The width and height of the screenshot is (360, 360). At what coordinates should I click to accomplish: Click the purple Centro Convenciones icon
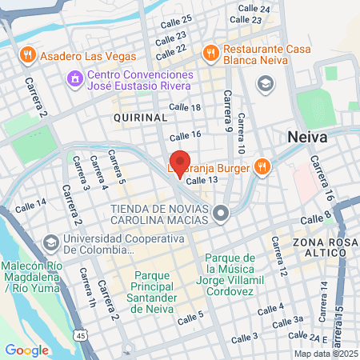pyautogui.click(x=74, y=78)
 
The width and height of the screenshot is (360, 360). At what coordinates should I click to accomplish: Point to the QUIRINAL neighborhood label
pyautogui.click(x=140, y=117)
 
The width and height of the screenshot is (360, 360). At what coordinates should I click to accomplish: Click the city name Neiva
pyautogui.click(x=307, y=138)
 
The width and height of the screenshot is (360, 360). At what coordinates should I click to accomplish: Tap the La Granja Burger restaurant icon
pyautogui.click(x=262, y=166)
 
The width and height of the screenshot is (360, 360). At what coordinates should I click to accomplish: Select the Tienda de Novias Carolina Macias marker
pyautogui.click(x=222, y=212)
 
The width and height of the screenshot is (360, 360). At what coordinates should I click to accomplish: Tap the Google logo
pyautogui.click(x=26, y=350)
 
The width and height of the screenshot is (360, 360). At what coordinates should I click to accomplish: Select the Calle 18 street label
pyautogui.click(x=185, y=107)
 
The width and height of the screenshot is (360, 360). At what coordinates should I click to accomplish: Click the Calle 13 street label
pyautogui.click(x=202, y=181)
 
